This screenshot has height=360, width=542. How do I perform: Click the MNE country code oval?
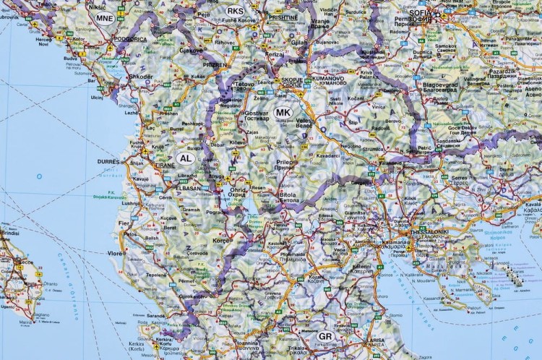105,18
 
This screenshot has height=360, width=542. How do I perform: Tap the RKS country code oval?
235,11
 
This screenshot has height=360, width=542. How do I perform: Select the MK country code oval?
283,113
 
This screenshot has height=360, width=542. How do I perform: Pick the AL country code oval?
185,158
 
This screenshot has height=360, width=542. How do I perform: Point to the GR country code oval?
326,336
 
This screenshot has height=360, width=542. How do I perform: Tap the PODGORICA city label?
134,38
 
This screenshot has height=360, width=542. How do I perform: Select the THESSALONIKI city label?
430,232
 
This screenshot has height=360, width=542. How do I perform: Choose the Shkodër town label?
140,76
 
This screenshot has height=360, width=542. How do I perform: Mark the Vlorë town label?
116,253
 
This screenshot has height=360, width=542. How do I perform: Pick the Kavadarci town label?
327,154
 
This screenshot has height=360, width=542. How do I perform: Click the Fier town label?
124,223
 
